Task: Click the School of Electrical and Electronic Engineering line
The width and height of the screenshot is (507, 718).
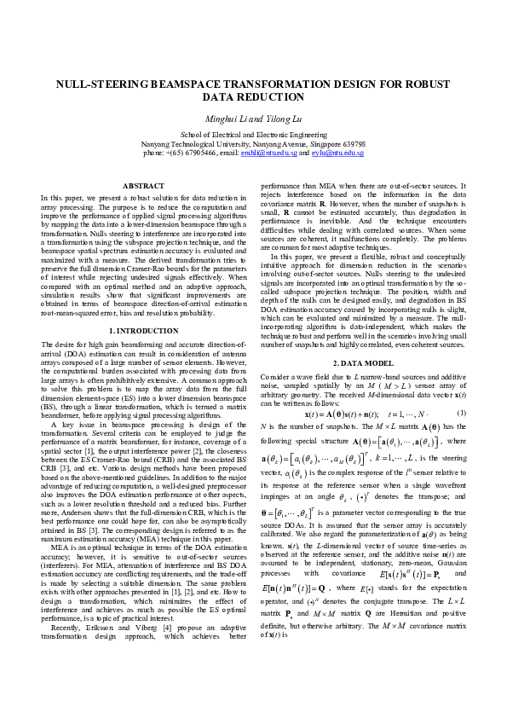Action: [254, 135]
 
